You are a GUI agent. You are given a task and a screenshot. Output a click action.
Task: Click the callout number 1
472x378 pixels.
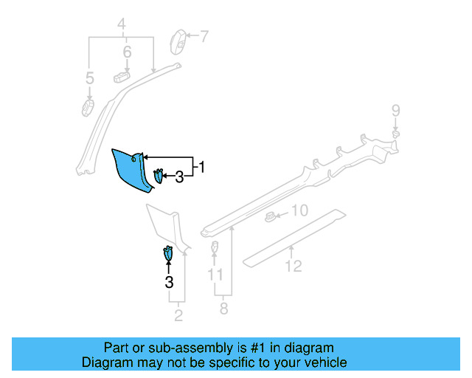pos(201,168)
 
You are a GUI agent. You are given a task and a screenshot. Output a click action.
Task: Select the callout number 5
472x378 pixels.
pos(90,78)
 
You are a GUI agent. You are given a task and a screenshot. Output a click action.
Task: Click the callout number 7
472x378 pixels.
pos(204,35)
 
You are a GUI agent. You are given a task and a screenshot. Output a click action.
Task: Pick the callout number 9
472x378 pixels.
pos(396,111)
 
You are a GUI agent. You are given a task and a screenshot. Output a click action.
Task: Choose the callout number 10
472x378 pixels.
pos(298,210)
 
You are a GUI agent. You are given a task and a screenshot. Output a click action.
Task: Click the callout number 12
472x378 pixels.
pos(294,266)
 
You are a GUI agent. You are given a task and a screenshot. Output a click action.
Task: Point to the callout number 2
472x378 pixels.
pos(178,317)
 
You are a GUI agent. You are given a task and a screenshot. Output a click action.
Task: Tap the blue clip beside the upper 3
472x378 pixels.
pos(159,176)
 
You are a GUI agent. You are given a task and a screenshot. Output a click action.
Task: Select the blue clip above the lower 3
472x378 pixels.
pos(168,252)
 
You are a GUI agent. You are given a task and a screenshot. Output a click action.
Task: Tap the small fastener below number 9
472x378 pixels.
pos(396,134)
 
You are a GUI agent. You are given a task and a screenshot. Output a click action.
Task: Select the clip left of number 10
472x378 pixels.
pos(271,216)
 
